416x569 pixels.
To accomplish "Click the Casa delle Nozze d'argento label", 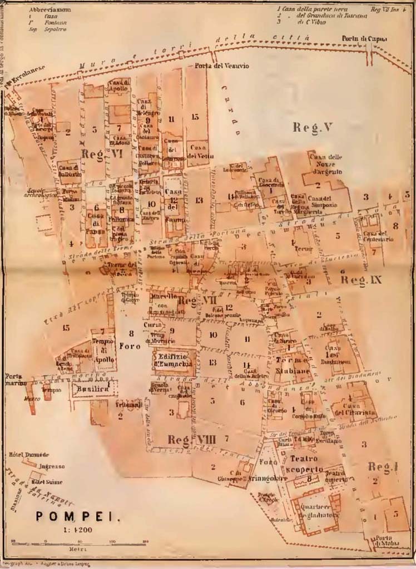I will pyautogui.click(x=326, y=164).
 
